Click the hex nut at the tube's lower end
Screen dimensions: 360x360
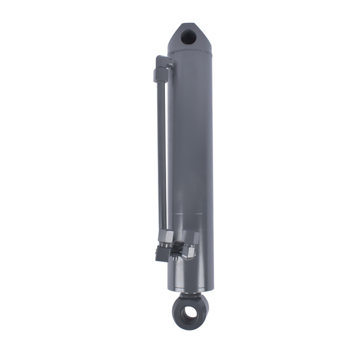click(x=166, y=236)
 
